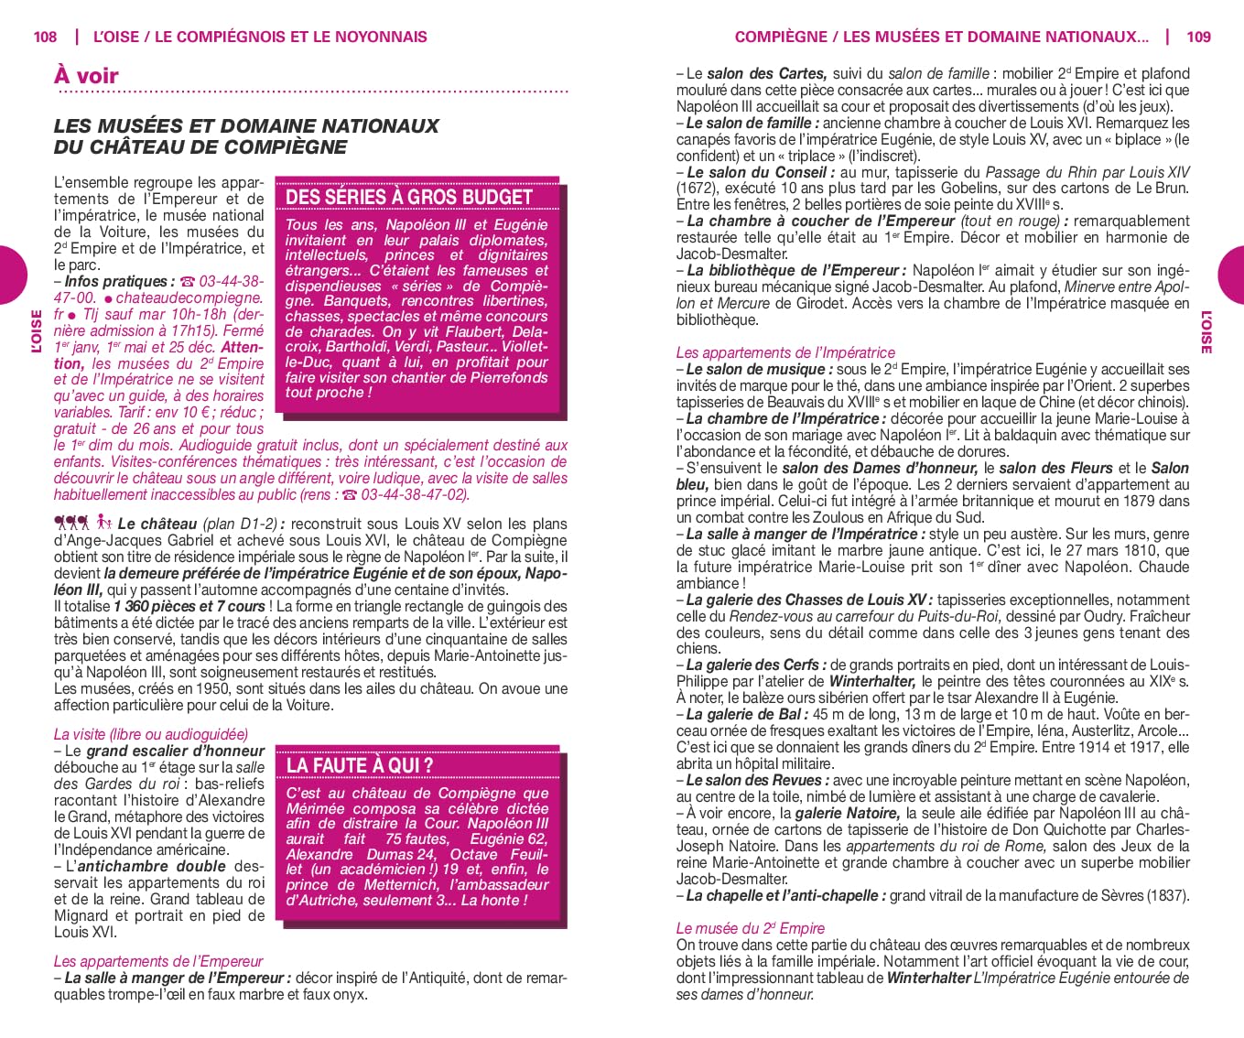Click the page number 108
pyautogui.click(x=44, y=37)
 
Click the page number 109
pyautogui.click(x=1198, y=37)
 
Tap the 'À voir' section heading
pyautogui.click(x=86, y=75)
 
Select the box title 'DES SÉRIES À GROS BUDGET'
pyautogui.click(x=408, y=197)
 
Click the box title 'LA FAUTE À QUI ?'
pyautogui.click(x=360, y=765)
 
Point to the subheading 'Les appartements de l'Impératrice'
pyautogui.click(x=785, y=352)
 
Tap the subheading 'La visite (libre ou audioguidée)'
pyautogui.click(x=151, y=734)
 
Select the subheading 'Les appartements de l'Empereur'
pyautogui.click(x=158, y=961)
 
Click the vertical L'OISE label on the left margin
pyautogui.click(x=37, y=331)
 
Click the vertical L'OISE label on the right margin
pyautogui.click(x=1206, y=331)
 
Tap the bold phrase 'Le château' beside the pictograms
pyautogui.click(x=157, y=524)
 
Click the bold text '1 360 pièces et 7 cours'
pyautogui.click(x=189, y=606)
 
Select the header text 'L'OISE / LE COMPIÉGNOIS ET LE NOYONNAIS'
pyautogui.click(x=260, y=37)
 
